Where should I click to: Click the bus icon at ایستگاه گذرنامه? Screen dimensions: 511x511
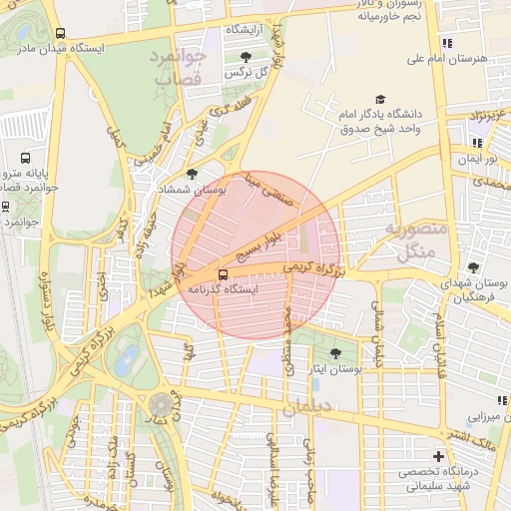223,271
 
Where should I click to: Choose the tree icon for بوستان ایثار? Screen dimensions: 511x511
334,353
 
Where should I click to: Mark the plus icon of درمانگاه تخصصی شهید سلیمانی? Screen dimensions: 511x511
437,456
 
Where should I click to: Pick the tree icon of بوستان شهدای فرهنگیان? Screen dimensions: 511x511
473,267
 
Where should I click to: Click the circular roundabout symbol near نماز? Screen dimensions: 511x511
161,404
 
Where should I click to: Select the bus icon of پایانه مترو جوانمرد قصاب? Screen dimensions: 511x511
26,158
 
